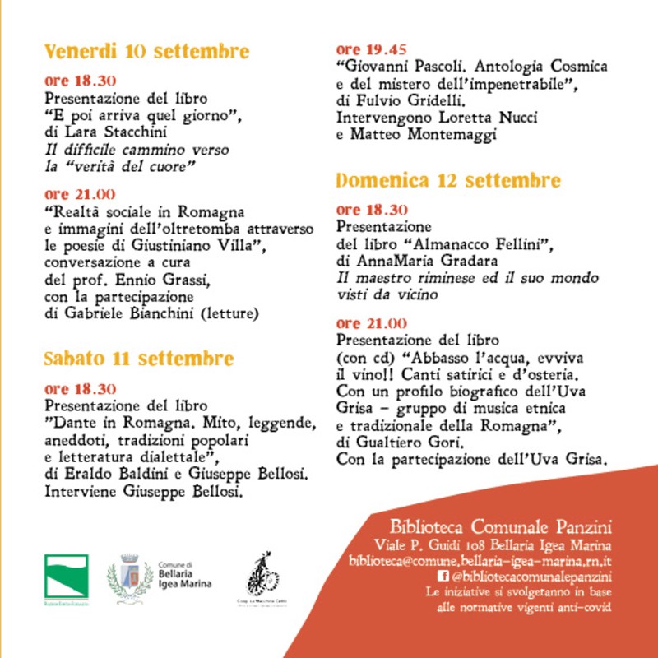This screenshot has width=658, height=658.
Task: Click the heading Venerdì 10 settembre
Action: (x=146, y=52)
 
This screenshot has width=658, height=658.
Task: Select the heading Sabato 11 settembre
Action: (x=139, y=359)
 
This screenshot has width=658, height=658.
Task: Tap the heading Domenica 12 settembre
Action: (x=448, y=180)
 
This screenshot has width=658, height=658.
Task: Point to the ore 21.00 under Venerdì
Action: (x=80, y=195)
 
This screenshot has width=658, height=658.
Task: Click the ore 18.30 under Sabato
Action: (x=80, y=389)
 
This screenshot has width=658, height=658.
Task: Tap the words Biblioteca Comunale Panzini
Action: (x=501, y=527)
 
